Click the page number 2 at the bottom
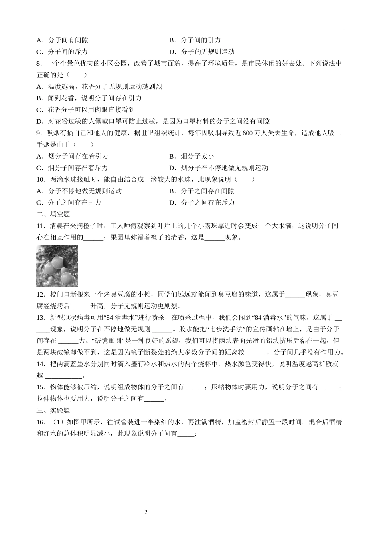[146, 512]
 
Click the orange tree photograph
[57, 265]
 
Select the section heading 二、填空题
[53, 214]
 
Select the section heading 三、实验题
[53, 410]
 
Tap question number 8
[39, 63]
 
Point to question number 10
[41, 179]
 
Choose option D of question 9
[219, 168]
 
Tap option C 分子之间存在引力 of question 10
[69, 203]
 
